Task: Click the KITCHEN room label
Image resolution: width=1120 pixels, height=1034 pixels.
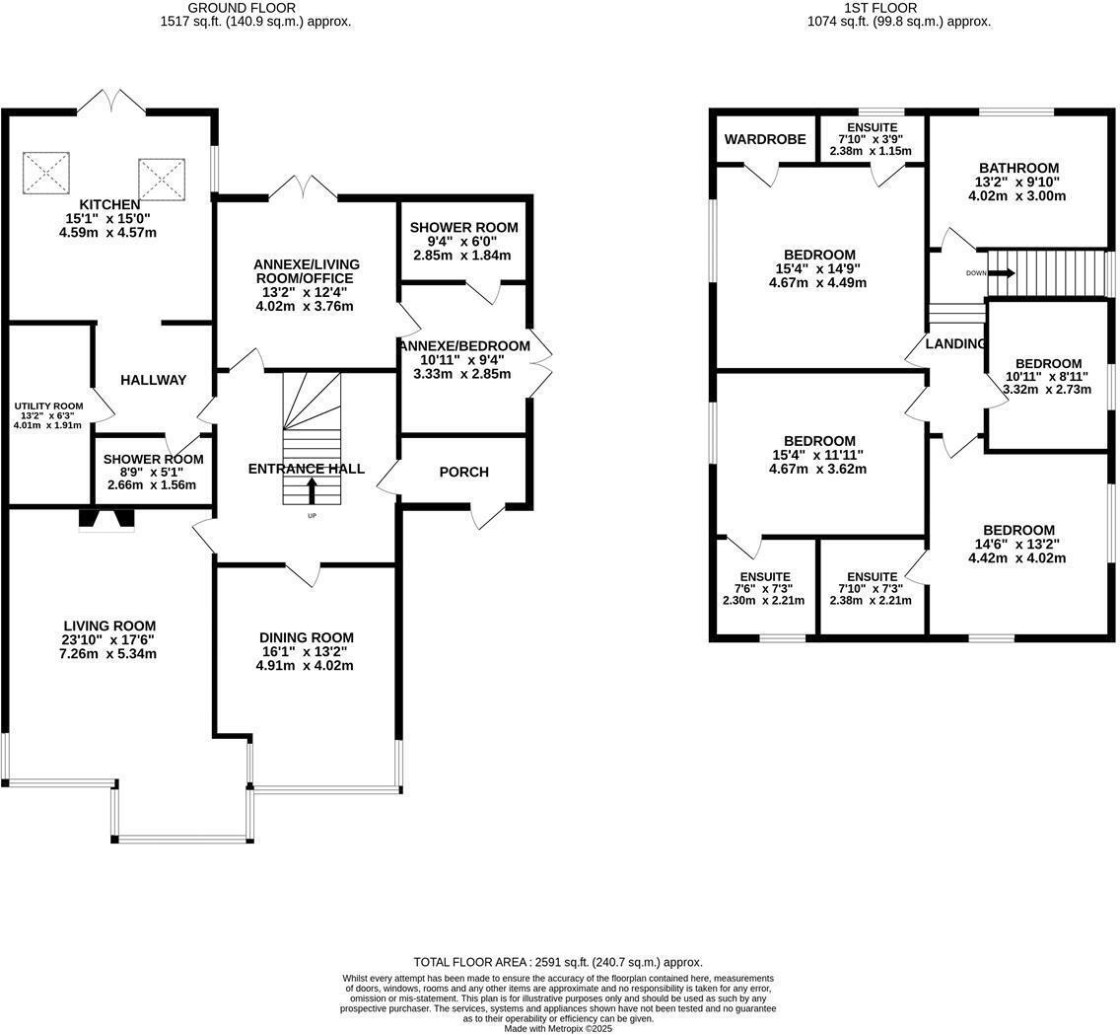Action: click(110, 204)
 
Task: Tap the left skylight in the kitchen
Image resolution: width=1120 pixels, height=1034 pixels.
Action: click(46, 173)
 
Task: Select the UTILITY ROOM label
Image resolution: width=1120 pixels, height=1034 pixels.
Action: click(48, 405)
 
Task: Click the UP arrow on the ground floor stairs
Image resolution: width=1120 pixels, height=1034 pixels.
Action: click(313, 490)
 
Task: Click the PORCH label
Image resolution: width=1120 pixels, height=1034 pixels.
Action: click(463, 472)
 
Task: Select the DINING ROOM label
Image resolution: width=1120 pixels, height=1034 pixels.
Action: click(306, 637)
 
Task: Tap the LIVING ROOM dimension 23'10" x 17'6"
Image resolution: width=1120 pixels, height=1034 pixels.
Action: click(109, 639)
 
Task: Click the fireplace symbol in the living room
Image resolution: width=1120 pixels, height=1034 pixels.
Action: click(106, 520)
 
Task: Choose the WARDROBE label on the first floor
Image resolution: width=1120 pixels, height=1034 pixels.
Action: click(765, 139)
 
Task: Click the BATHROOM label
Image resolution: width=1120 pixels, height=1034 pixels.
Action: click(1018, 168)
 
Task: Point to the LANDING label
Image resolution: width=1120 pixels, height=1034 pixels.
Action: click(955, 343)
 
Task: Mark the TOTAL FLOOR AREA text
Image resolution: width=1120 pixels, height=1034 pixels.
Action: click(557, 962)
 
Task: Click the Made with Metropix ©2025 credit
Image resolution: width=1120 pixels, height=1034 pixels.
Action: click(558, 1028)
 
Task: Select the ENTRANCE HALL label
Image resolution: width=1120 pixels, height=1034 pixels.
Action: click(306, 469)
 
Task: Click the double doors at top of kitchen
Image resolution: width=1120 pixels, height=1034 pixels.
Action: click(111, 100)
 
